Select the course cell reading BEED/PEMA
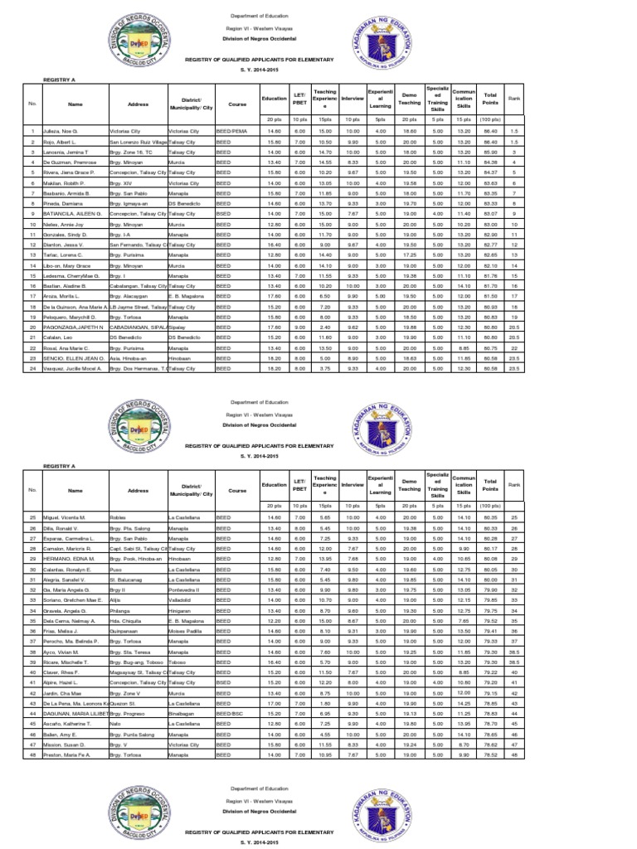pos(231,131)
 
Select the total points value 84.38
pos(490,163)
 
